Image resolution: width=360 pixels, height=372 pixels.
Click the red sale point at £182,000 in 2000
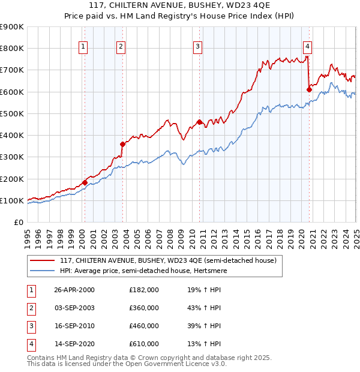85,182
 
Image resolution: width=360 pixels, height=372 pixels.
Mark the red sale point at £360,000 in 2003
122,144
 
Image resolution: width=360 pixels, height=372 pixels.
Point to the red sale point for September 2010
199,122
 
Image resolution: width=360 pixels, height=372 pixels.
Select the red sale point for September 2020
309,89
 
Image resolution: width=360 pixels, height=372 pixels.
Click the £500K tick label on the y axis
12,113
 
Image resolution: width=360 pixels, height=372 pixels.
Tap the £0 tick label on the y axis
19,222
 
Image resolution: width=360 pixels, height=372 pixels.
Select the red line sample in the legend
43,260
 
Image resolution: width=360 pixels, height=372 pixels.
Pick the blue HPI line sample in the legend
43,270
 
